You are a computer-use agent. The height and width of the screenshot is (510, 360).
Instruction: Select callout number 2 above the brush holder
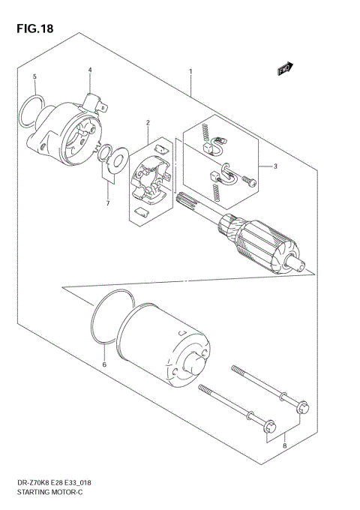pos(148,122)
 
